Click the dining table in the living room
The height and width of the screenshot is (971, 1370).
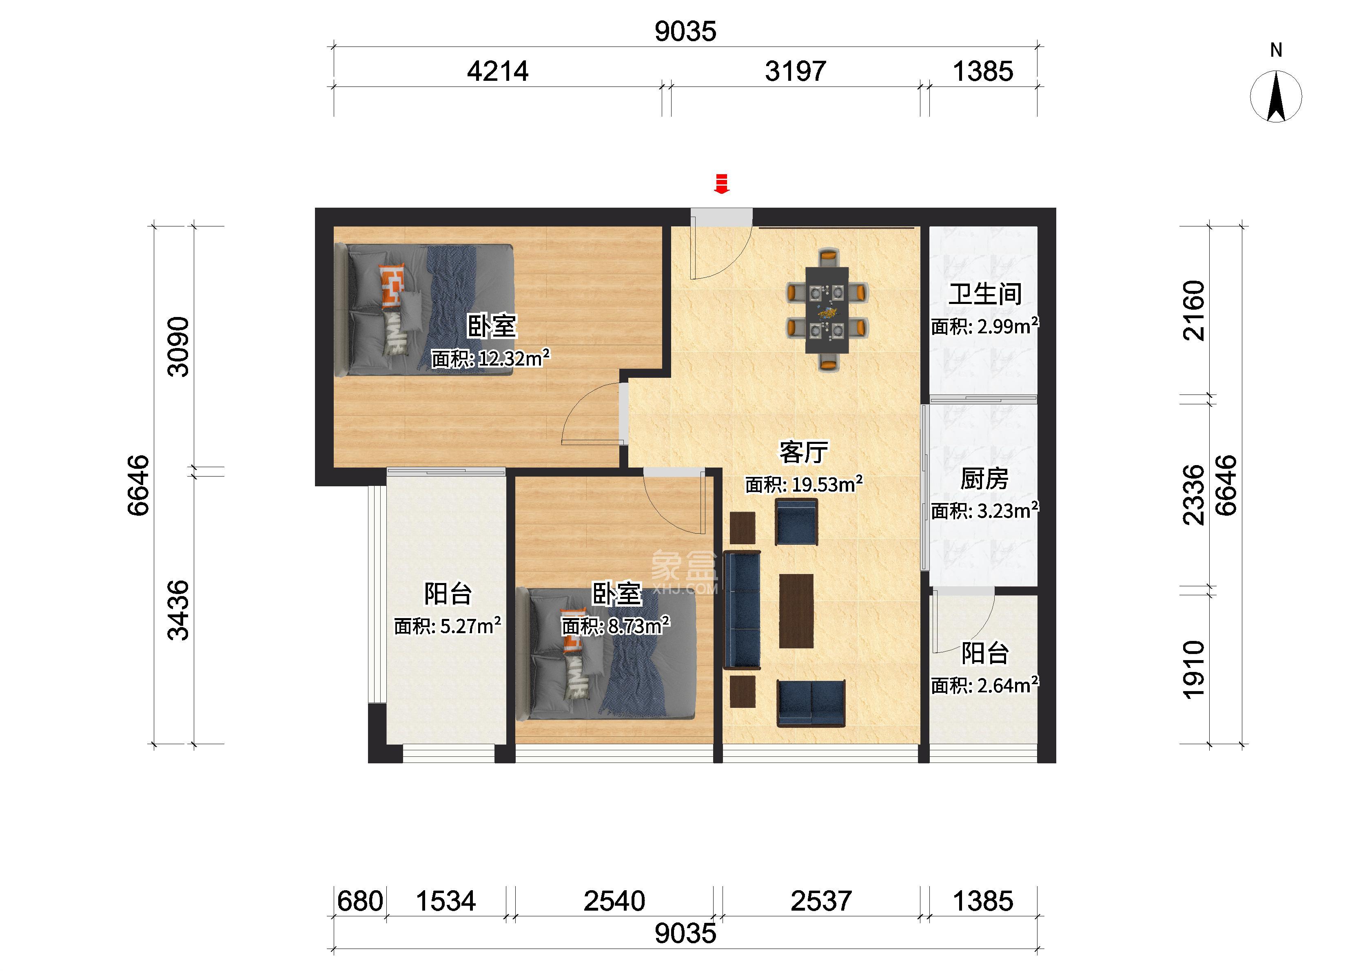tap(827, 310)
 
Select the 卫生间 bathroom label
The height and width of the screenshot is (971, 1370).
tap(985, 294)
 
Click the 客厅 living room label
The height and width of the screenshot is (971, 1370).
tap(803, 452)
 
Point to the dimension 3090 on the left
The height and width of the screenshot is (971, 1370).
tap(178, 347)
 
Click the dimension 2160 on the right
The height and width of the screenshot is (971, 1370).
tap(1194, 311)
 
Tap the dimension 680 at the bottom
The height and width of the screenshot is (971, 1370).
tap(360, 902)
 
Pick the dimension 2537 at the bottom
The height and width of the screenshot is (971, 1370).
tap(821, 902)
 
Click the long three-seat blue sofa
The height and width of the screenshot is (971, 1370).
tap(742, 610)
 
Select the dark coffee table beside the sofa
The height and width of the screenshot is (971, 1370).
tap(796, 611)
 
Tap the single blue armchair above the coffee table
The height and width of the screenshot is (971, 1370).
tap(796, 522)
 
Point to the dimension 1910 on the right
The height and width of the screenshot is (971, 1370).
tap(1194, 670)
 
